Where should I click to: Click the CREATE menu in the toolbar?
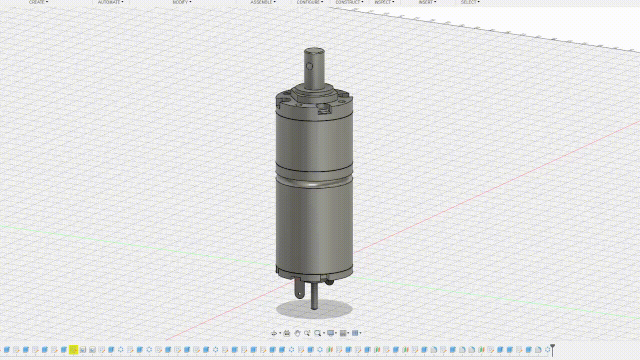coord(37,2)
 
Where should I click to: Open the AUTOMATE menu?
coord(109,2)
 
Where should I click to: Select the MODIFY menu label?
coord(180,2)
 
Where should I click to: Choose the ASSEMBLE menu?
coord(261,2)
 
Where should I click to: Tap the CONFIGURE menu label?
coord(308,2)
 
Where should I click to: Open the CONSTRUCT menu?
coord(348,2)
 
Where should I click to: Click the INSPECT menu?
coord(383,2)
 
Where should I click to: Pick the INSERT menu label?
coord(426,2)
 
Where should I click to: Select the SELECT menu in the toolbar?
coord(469,2)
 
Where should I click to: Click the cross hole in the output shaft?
coord(310,66)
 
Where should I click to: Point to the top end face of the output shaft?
coord(314,51)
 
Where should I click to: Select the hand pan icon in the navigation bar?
coord(297,333)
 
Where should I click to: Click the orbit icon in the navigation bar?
coord(274,333)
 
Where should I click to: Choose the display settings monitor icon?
coord(330,333)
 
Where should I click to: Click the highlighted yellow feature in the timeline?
coord(73,349)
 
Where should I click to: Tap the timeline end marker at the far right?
coord(552,349)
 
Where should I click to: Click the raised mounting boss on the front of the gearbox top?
coord(324,108)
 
